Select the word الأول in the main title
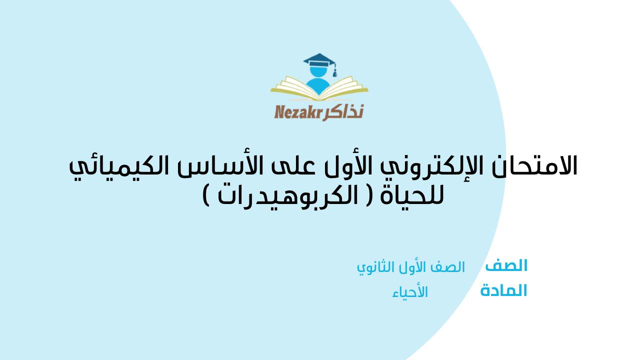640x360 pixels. tap(350, 165)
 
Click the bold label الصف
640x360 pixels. tap(506, 265)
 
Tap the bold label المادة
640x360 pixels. tap(503, 291)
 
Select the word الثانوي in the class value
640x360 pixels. tap(374, 267)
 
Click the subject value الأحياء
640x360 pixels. tap(410, 292)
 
